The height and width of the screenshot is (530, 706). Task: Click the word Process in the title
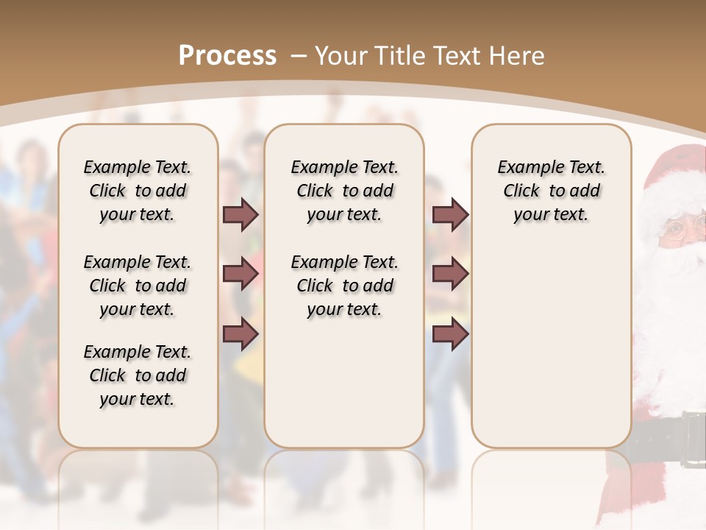(x=227, y=55)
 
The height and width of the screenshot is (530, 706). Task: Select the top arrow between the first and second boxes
(x=240, y=214)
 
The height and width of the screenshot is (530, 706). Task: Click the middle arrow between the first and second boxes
(x=240, y=274)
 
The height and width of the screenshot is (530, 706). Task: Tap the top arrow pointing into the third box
(x=450, y=214)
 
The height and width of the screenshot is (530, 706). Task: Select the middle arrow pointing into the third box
(x=450, y=274)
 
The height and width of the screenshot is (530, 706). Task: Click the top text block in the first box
(x=138, y=191)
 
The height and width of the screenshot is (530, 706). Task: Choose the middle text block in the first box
(x=138, y=286)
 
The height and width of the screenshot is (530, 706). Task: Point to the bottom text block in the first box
(x=138, y=375)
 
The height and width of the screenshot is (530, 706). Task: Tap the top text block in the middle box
(x=344, y=191)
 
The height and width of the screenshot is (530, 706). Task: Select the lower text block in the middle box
(x=344, y=286)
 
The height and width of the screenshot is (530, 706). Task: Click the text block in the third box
(x=551, y=191)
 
